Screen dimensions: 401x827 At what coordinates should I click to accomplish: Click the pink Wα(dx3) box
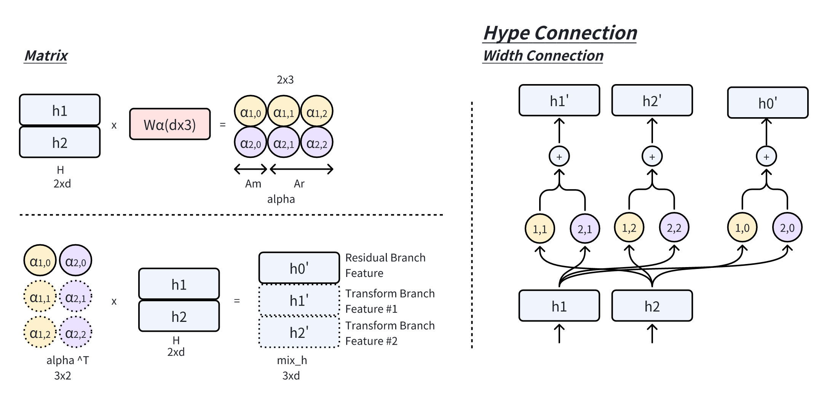click(170, 124)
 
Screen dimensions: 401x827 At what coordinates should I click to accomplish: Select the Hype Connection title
click(560, 33)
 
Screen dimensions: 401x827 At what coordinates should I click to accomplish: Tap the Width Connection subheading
click(543, 56)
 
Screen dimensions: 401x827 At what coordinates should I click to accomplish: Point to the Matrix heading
click(46, 56)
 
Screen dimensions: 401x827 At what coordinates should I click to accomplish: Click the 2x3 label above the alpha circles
click(285, 80)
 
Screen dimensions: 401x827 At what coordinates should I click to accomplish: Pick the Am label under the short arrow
click(253, 184)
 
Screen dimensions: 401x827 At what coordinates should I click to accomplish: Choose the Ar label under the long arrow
click(299, 184)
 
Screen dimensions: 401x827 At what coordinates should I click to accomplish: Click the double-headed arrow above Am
click(251, 169)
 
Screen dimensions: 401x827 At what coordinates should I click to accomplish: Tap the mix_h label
click(292, 360)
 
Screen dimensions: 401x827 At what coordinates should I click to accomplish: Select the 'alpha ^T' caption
click(67, 360)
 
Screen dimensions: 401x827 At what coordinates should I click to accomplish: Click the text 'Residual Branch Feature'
click(385, 265)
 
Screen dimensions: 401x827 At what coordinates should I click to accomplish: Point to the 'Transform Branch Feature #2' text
click(390, 333)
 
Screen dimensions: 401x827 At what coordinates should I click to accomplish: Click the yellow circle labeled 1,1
click(540, 229)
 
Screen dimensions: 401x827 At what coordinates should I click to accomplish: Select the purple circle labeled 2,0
click(787, 228)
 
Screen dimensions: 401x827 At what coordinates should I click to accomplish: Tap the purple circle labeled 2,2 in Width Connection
click(674, 228)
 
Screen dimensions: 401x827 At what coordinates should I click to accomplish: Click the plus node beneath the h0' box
click(766, 156)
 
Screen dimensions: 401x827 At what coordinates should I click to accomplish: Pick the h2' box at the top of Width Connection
click(652, 100)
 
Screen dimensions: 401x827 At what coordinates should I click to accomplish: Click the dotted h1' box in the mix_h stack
click(299, 301)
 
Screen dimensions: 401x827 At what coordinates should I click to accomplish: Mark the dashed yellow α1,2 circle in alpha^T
click(40, 333)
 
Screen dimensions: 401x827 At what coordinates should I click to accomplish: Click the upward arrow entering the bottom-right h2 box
click(652, 333)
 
